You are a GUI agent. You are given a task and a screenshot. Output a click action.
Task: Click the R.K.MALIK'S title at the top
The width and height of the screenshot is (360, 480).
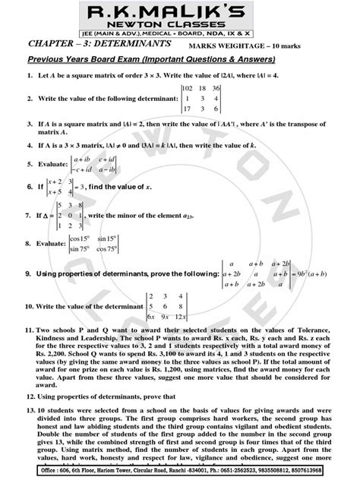179,13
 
